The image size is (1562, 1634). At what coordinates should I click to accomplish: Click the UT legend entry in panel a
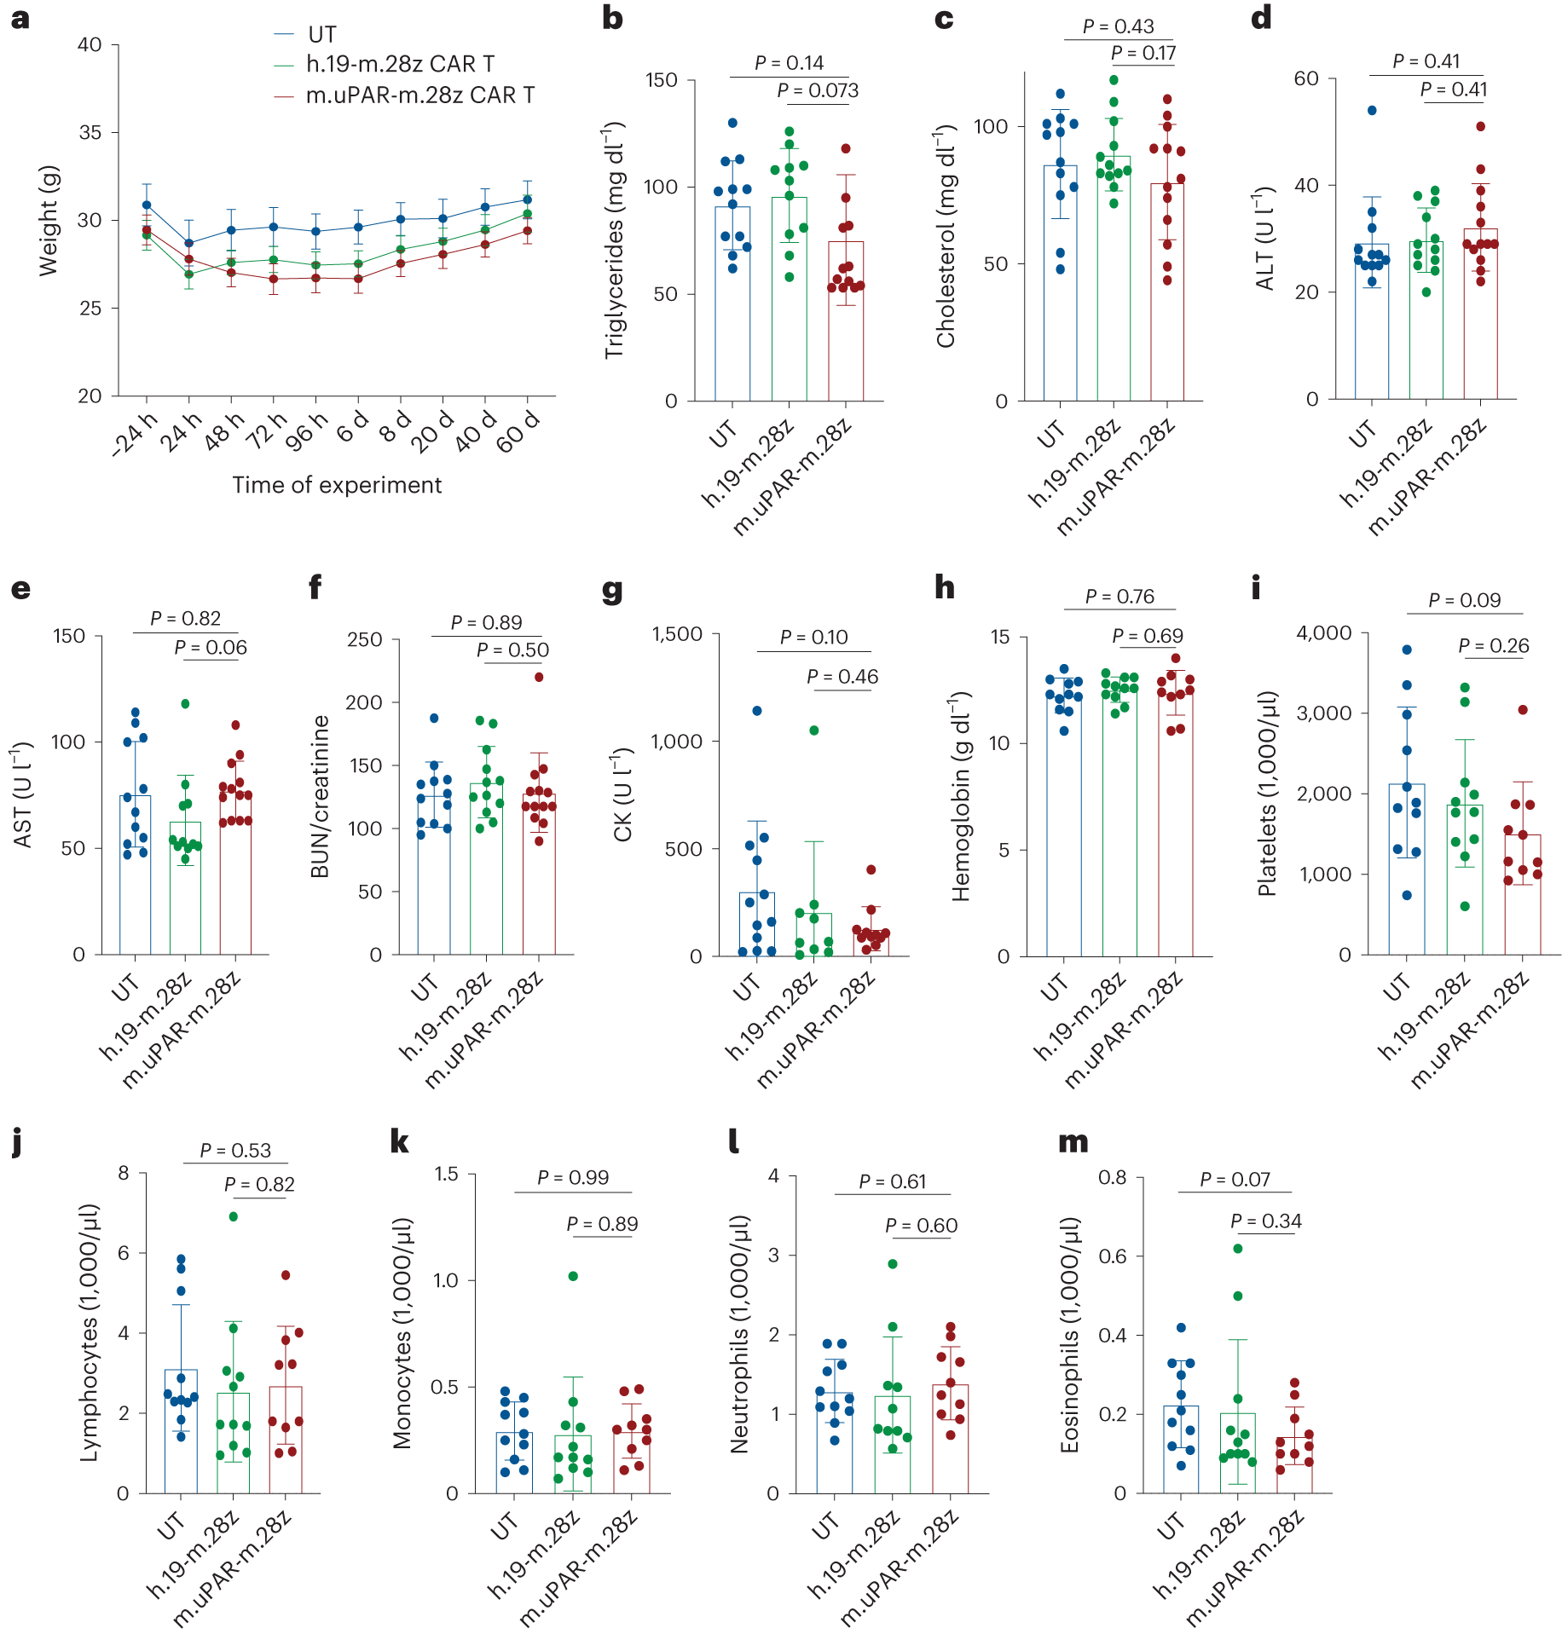321,35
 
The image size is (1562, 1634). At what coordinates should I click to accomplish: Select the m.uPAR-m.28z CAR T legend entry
419,95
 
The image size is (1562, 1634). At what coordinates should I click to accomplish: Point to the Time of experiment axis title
337,485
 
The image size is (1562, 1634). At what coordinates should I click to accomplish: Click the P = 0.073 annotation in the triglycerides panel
818,91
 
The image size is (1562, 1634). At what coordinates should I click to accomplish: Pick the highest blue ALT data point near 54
1372,110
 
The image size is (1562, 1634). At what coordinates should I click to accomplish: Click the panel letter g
611,590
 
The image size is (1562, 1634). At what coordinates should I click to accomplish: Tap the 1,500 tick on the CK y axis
677,634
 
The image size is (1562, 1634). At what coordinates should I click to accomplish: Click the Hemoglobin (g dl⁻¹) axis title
961,797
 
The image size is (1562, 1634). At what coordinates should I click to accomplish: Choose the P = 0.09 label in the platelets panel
1464,600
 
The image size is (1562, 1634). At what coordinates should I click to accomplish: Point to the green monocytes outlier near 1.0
573,1276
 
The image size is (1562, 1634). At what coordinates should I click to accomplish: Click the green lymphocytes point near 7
233,1216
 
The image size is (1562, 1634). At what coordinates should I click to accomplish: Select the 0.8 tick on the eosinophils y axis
1112,1177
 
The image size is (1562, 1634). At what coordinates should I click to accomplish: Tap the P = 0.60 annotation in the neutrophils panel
921,1226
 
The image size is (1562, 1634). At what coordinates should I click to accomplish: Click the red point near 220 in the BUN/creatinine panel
539,677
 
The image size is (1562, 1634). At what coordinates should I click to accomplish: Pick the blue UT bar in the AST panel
135,878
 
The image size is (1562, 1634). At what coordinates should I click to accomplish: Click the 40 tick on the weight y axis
89,45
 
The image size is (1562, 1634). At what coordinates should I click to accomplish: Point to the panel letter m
1073,1142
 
